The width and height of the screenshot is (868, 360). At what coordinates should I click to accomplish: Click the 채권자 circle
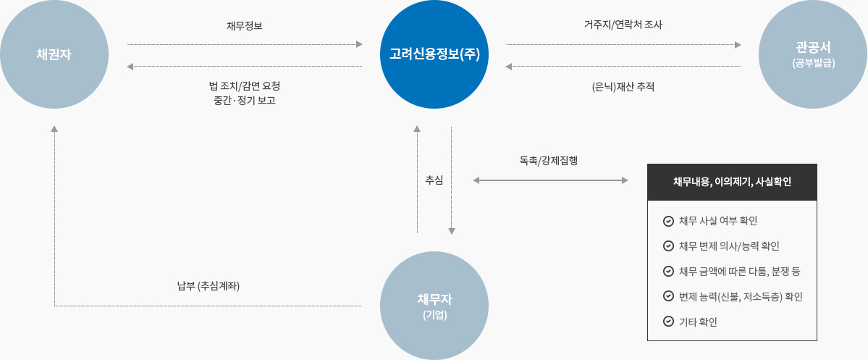[x=54, y=54]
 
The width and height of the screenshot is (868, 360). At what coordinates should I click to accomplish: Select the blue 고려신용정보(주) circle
[x=434, y=54]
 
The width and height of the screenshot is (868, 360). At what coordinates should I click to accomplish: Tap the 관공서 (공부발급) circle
[x=813, y=54]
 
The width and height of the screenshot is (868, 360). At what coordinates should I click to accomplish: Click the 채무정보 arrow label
[x=245, y=26]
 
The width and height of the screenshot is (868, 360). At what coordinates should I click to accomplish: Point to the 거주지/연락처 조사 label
[x=623, y=25]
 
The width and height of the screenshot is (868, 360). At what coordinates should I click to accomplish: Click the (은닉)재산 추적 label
[x=623, y=87]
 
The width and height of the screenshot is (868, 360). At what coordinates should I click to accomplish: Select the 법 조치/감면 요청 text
[x=244, y=85]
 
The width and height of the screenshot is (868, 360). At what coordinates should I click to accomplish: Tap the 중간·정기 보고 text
[x=244, y=101]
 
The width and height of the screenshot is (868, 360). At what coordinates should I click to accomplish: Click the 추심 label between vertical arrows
[x=434, y=179]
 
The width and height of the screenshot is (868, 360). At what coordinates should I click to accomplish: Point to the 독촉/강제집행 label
[x=548, y=160]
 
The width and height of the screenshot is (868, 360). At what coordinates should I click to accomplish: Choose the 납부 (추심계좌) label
[x=208, y=285]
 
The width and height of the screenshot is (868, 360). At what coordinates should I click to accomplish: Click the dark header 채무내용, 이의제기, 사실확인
[x=732, y=182]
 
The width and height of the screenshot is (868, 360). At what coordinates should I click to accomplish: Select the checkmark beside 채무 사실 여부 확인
[x=668, y=221]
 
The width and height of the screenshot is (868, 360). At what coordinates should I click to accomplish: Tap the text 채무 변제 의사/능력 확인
[x=729, y=246]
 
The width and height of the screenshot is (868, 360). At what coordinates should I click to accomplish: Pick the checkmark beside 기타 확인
[x=668, y=322]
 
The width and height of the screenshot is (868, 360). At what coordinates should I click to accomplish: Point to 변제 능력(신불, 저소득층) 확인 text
[x=741, y=296]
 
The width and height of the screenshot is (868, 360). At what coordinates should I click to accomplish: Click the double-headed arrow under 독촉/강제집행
[x=550, y=179]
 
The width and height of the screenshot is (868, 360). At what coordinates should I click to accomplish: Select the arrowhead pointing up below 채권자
[x=54, y=129]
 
